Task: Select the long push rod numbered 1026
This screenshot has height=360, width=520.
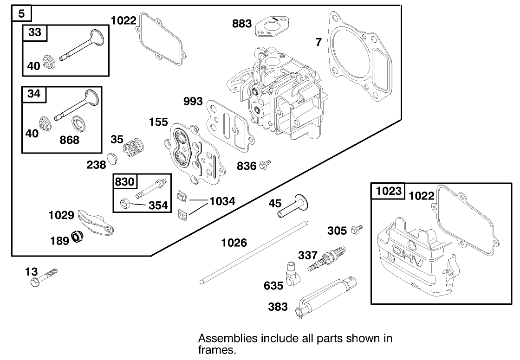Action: coord(254,252)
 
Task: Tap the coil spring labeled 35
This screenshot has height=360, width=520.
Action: coord(133,147)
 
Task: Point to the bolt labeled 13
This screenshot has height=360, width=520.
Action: coord(44,278)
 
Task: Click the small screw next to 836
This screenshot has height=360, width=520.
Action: coord(265,163)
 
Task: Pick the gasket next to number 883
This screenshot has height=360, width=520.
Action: coord(271,26)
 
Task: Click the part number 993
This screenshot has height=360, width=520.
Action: coord(193,101)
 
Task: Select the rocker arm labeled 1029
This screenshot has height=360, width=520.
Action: coord(96,222)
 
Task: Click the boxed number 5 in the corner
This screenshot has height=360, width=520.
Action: coord(21,13)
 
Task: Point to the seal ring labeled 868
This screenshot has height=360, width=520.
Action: coord(79,124)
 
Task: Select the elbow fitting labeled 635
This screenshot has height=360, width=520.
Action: coord(292,274)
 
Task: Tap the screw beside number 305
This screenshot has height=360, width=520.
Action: coord(357,229)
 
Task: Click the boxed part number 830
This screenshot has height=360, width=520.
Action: coord(125,182)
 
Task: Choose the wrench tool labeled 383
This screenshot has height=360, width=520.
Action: coord(325,296)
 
